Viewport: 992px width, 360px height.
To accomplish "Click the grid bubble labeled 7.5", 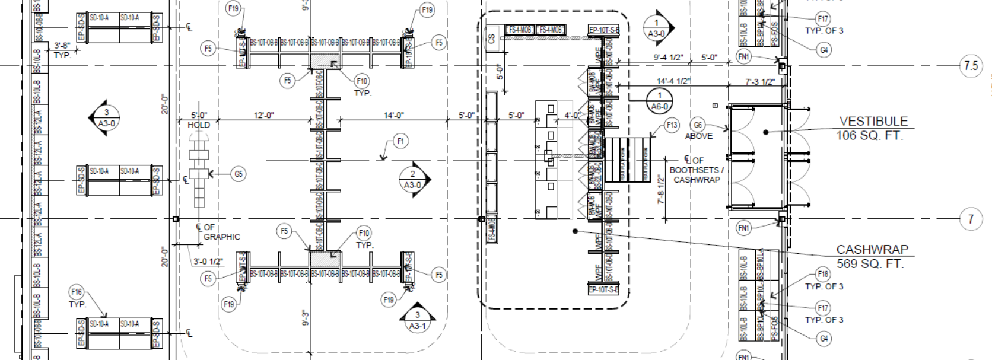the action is [x=970, y=65].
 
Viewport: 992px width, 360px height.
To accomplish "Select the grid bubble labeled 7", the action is [x=971, y=219].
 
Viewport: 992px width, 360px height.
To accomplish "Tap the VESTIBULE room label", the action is [x=873, y=122].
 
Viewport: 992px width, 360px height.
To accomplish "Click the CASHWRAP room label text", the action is [x=872, y=250].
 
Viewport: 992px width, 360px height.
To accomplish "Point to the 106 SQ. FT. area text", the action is [x=870, y=136].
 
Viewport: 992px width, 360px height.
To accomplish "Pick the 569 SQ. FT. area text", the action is [x=870, y=264].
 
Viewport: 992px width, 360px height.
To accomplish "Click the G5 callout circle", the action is [x=239, y=174].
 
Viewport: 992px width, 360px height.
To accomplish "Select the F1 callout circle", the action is [x=401, y=141].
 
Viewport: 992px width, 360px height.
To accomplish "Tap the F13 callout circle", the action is [x=672, y=125].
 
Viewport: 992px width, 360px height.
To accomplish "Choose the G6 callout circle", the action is [x=698, y=125].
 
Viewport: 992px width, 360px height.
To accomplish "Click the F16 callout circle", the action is [x=77, y=292].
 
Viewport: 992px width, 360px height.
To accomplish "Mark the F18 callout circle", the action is [x=823, y=275].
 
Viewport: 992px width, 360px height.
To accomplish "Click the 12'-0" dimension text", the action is [x=264, y=115].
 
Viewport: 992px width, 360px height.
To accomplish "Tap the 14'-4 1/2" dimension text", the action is [x=673, y=81].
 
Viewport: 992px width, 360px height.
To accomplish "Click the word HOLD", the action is [x=199, y=125].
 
